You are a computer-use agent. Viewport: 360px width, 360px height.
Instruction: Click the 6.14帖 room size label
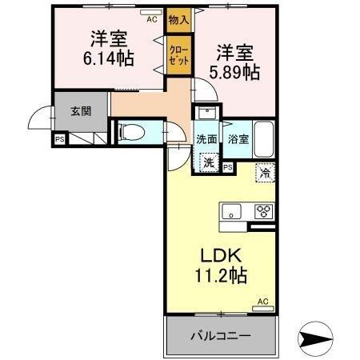(x=109, y=58)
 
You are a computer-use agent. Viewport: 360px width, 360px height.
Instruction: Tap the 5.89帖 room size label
(x=234, y=73)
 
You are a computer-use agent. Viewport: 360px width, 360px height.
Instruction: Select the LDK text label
(x=221, y=255)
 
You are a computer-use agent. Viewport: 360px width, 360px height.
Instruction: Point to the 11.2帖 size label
(x=221, y=275)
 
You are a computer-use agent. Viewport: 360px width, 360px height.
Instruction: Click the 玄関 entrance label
(x=81, y=111)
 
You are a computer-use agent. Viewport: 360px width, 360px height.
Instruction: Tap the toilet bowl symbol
(x=133, y=132)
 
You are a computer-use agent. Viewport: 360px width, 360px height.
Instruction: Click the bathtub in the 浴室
(x=264, y=139)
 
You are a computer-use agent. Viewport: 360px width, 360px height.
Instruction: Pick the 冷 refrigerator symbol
(x=265, y=173)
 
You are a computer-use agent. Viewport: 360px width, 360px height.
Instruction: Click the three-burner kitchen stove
(x=264, y=211)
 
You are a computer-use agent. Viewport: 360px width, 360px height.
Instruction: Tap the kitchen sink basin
(x=231, y=211)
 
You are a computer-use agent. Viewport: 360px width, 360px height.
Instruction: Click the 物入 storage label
(x=179, y=20)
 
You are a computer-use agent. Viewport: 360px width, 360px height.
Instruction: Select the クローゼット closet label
(x=179, y=56)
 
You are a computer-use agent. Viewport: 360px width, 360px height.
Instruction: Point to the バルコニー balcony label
(x=221, y=335)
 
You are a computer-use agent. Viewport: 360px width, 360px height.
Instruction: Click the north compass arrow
(x=316, y=338)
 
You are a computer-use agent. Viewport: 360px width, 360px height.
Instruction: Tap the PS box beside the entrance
(x=60, y=139)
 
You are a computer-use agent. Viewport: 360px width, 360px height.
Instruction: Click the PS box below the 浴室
(x=227, y=167)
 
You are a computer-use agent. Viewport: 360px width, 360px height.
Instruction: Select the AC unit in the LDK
(x=263, y=309)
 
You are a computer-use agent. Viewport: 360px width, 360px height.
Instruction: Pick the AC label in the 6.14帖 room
(x=152, y=19)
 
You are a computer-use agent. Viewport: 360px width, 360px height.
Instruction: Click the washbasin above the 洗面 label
(x=206, y=113)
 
